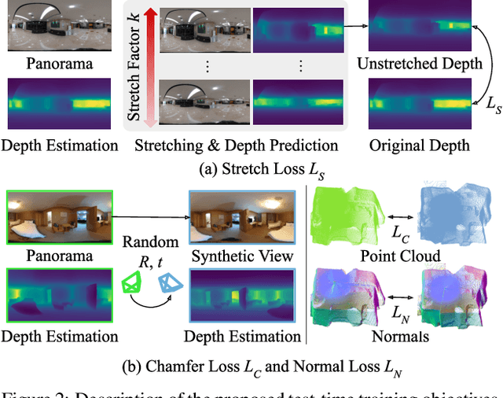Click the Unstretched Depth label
pyautogui.click(x=419, y=65)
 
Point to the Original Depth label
pyautogui.click(x=419, y=146)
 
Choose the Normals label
pyautogui.click(x=402, y=337)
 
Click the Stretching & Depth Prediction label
pyautogui.click(x=236, y=146)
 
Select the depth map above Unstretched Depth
pyautogui.click(x=419, y=27)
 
